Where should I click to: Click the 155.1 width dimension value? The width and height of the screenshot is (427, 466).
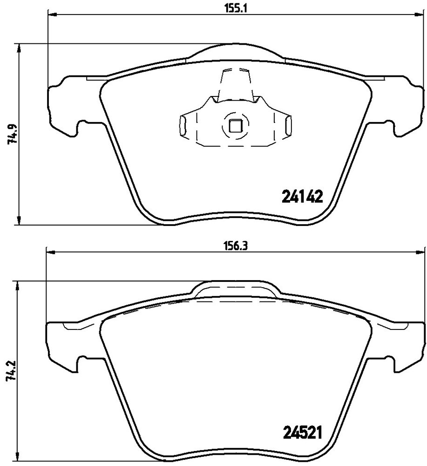click(236, 8)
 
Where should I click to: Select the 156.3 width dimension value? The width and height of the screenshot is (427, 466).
click(236, 246)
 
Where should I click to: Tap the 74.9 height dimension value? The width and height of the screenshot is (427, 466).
click(11, 134)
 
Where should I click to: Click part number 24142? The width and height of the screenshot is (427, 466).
click(302, 197)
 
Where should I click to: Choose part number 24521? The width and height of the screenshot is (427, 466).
click(302, 433)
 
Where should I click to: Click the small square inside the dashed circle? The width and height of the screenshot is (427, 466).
click(236, 125)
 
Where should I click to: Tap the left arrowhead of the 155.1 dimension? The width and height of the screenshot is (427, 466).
click(52, 14)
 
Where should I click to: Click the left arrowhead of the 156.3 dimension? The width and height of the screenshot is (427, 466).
click(51, 252)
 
